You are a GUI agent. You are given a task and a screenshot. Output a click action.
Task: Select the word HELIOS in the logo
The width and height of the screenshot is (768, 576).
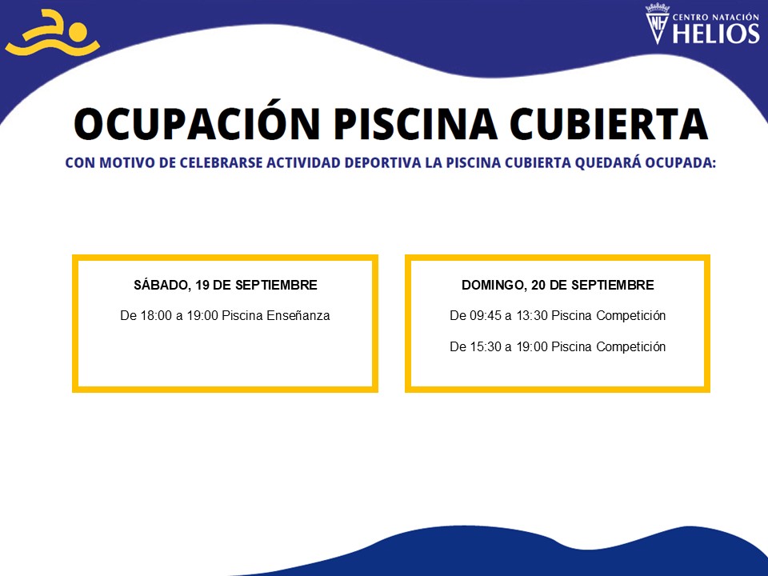[716, 34]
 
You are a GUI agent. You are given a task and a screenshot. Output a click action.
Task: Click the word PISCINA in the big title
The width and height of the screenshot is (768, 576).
[416, 123]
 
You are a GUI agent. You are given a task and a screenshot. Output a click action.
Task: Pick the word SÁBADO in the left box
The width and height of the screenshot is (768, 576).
[161, 285]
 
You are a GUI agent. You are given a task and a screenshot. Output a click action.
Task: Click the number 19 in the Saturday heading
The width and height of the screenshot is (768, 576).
[202, 285]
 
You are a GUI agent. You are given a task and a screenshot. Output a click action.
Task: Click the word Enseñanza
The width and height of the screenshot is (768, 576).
[298, 315]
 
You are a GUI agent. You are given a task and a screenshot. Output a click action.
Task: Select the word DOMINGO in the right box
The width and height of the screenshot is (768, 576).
[494, 285]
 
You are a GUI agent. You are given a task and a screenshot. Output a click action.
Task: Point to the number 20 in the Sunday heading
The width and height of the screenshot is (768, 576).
[538, 285]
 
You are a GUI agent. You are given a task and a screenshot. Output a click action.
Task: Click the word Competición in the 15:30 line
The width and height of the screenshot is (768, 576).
[631, 347]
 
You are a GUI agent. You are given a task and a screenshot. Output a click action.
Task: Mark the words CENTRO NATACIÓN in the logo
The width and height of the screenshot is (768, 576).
[715, 17]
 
